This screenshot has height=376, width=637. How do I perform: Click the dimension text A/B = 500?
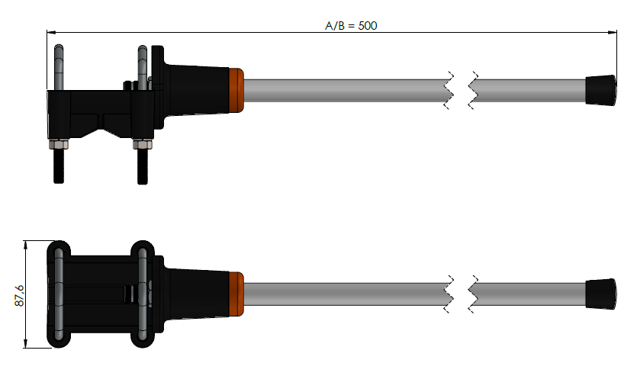click(x=351, y=26)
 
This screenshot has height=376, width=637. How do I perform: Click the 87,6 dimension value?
click(x=20, y=296)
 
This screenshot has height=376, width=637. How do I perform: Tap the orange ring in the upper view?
click(x=236, y=90)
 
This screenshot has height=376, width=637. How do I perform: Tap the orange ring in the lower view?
click(x=236, y=294)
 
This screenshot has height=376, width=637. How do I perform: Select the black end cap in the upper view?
click(x=601, y=90)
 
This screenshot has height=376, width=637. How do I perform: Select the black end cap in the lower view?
click(x=601, y=294)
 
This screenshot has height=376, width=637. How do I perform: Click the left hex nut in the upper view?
click(x=59, y=144)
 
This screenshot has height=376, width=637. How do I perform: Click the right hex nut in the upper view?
click(x=142, y=144)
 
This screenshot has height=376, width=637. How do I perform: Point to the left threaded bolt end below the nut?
click(x=59, y=166)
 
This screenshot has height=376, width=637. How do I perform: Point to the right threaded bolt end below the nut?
click(x=142, y=166)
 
